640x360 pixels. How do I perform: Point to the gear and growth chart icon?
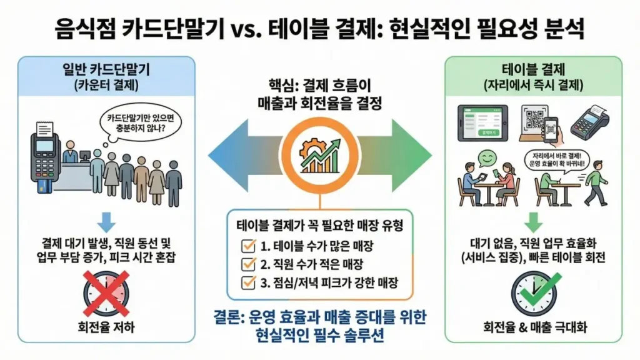(x=319, y=153)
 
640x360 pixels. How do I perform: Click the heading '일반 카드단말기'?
(x=106, y=68)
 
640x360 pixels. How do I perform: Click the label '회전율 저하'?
(x=106, y=326)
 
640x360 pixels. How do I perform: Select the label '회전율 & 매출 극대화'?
(x=533, y=326)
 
